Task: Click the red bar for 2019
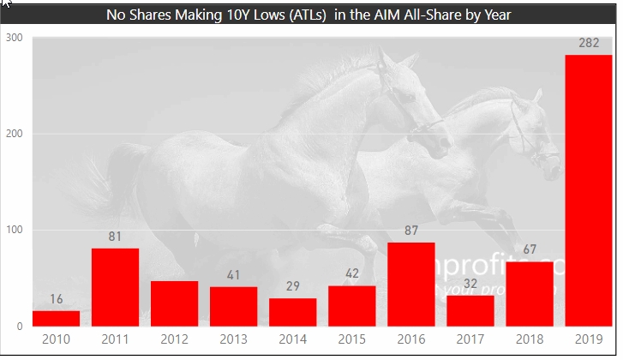pyautogui.click(x=588, y=190)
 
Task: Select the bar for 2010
pyautogui.click(x=56, y=318)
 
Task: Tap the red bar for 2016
pyautogui.click(x=410, y=284)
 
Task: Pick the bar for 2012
pyautogui.click(x=174, y=303)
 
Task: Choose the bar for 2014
pyautogui.click(x=292, y=312)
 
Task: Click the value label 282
pyautogui.click(x=588, y=43)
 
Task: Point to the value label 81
pyautogui.click(x=115, y=236)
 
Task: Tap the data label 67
pyautogui.click(x=529, y=249)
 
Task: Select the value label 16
pyautogui.click(x=56, y=298)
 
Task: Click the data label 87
pyautogui.click(x=410, y=230)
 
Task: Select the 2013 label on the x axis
pyautogui.click(x=233, y=339)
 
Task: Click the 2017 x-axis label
pyautogui.click(x=470, y=339)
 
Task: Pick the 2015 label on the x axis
pyautogui.click(x=351, y=339)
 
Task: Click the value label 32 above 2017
pyautogui.click(x=470, y=283)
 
